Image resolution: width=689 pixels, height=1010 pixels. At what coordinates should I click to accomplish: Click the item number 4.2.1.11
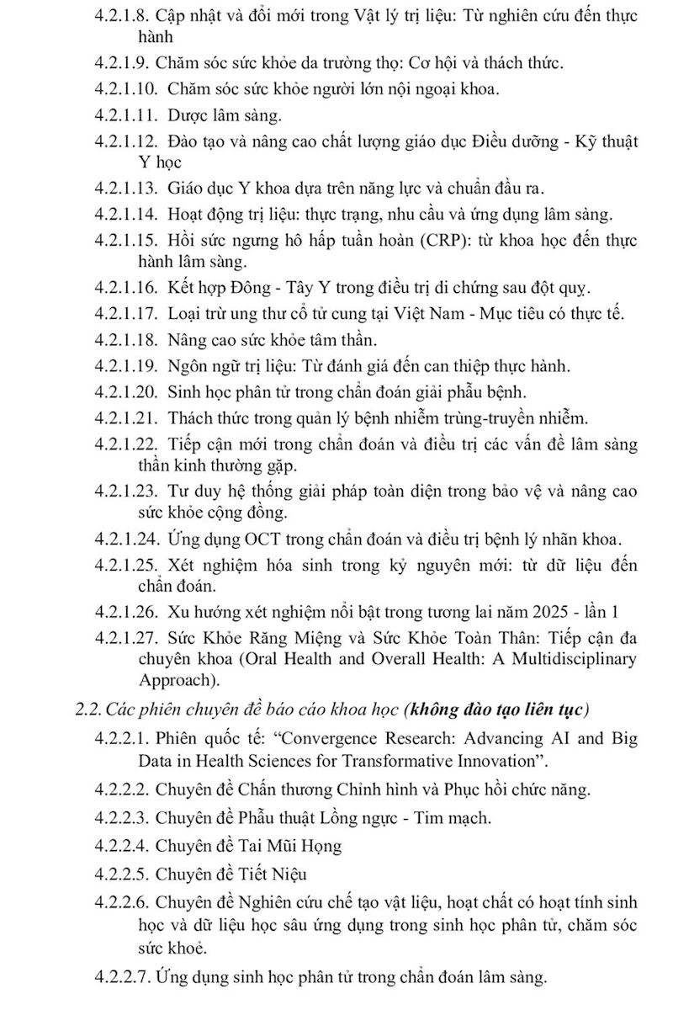[126, 113]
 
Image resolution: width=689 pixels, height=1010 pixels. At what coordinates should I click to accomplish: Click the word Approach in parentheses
[172, 680]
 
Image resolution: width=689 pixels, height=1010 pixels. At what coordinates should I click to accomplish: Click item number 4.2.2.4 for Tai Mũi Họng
[123, 846]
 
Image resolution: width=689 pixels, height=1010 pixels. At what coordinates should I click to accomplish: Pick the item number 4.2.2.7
[123, 977]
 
